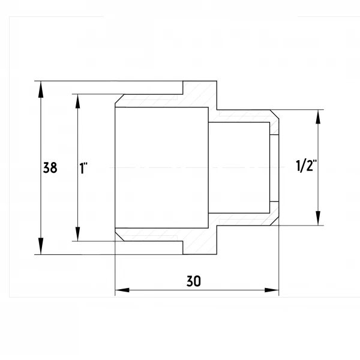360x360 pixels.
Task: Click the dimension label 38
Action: coord(50,167)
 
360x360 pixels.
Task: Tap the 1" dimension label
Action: coord(83,168)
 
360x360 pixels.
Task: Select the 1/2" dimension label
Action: coord(306,166)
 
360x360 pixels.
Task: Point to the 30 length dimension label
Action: coord(194,281)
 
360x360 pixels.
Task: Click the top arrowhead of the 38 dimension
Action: coord(41,89)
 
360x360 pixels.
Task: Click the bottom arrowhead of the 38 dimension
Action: coord(41,246)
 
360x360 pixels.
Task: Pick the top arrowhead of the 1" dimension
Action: coord(78,101)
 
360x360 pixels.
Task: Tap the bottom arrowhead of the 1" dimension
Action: coord(78,234)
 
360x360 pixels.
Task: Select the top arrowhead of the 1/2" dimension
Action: coord(318,117)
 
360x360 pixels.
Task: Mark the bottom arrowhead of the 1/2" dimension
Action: coord(318,218)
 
